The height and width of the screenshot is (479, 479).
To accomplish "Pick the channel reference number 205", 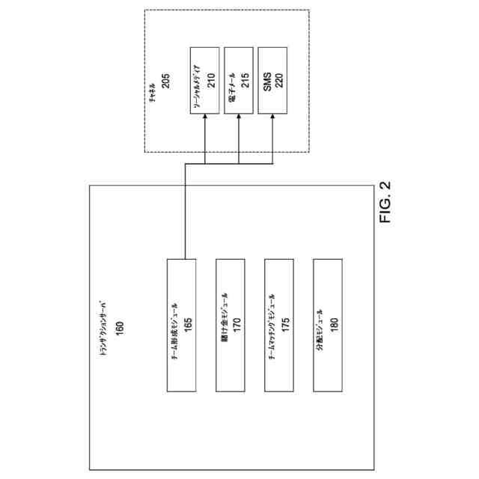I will pyautogui.click(x=165, y=81).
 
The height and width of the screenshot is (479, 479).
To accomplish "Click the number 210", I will pyautogui.click(x=211, y=81).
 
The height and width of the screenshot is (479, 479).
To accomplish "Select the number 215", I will pyautogui.click(x=245, y=81).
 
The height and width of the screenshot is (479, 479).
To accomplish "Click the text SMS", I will pyautogui.click(x=267, y=81).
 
